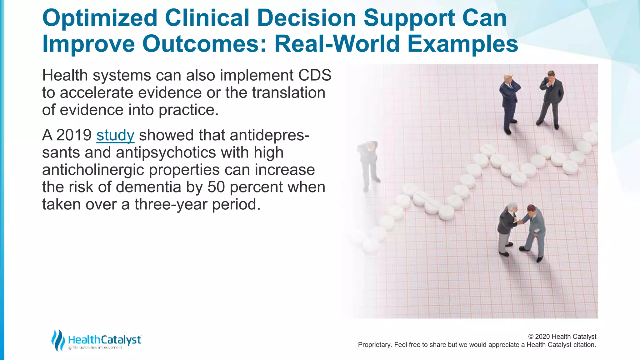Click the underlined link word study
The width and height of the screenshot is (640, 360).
pyautogui.click(x=115, y=136)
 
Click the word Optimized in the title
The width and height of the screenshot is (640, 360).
pyautogui.click(x=100, y=18)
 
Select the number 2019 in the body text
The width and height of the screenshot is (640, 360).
pyautogui.click(x=74, y=135)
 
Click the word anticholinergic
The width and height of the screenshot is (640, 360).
pyautogui.click(x=93, y=170)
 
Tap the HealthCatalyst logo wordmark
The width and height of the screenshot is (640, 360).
pyautogui.click(x=105, y=340)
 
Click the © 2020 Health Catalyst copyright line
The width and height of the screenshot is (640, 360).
pyautogui.click(x=562, y=337)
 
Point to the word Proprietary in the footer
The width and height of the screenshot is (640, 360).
pyautogui.click(x=374, y=345)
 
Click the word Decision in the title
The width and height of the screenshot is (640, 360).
pyautogui.click(x=307, y=18)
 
